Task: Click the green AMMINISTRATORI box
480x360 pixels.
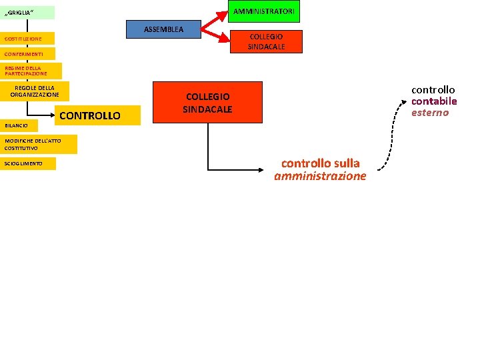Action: (x=264, y=11)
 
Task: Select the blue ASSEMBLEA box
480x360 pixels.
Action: (x=163, y=29)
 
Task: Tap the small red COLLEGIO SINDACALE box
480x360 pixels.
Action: (x=265, y=41)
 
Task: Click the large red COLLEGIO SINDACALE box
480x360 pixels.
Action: (x=207, y=103)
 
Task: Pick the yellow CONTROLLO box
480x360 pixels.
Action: (x=90, y=115)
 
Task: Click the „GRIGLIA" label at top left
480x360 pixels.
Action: (x=27, y=12)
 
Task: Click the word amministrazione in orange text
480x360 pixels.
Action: (x=320, y=176)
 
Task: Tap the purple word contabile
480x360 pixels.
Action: (x=433, y=101)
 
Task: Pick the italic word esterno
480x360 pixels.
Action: (x=430, y=113)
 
